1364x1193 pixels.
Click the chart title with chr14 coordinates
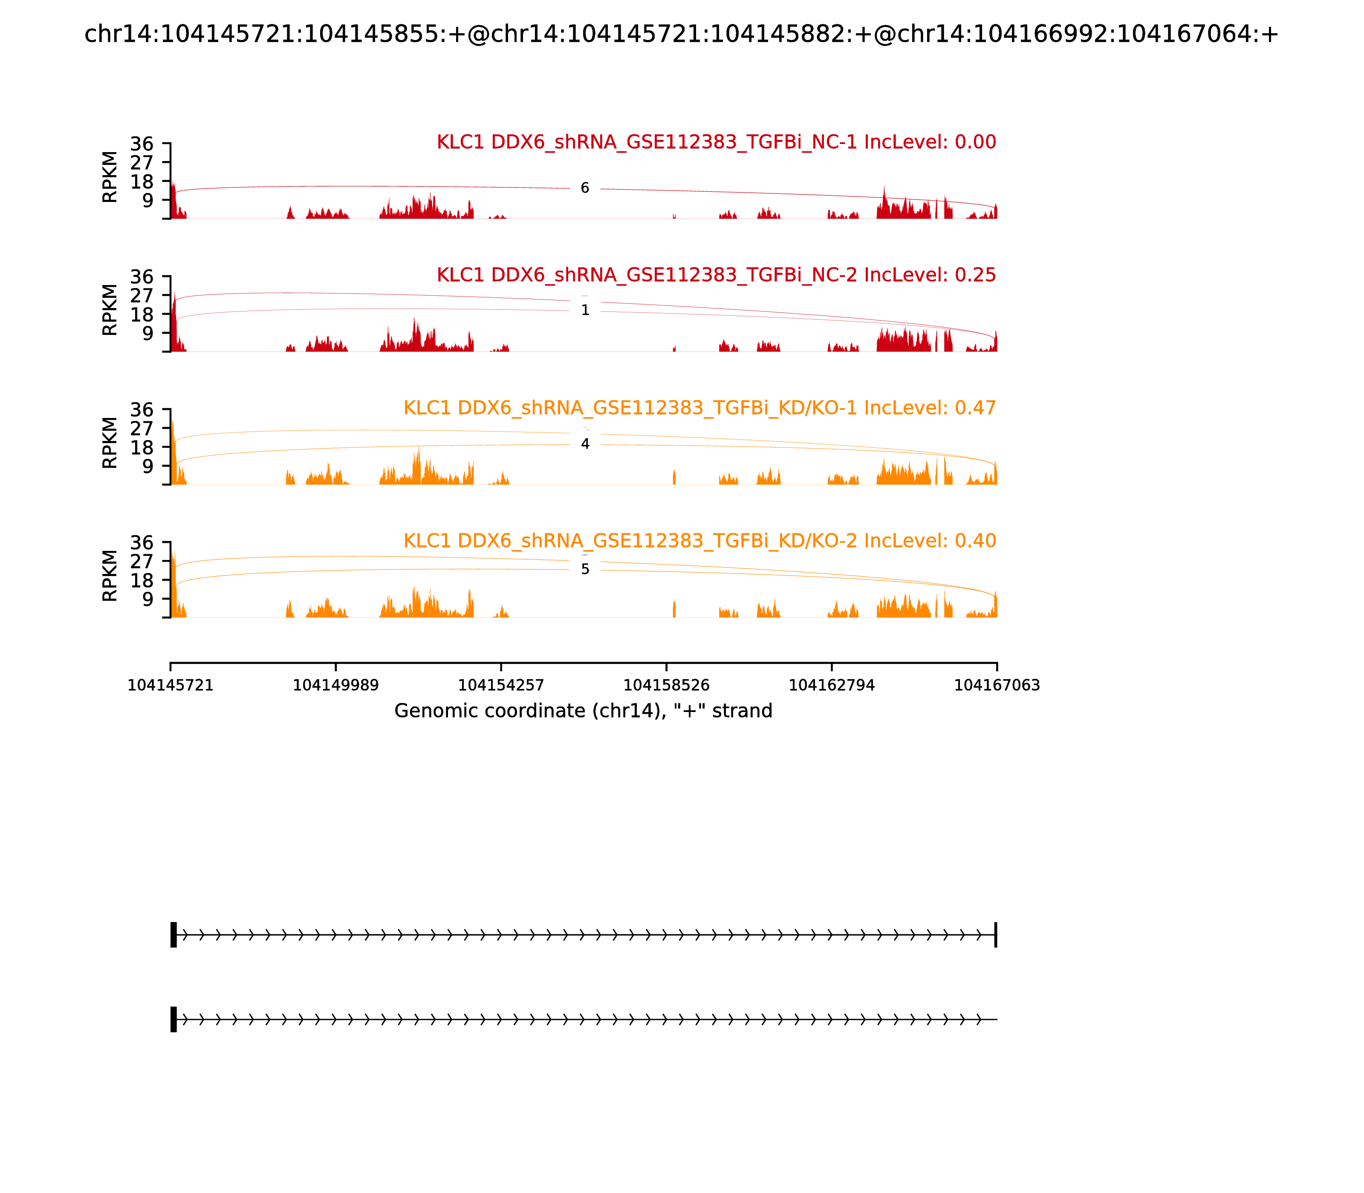click(681, 35)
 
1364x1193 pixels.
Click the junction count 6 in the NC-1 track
click(585, 188)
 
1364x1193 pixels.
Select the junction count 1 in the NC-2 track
click(585, 310)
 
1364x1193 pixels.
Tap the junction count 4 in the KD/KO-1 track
click(585, 444)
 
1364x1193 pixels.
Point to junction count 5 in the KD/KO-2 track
click(585, 569)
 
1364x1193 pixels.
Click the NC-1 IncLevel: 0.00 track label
click(716, 142)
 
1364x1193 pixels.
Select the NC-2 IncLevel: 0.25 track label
click(716, 275)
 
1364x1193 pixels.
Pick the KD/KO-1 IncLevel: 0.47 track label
click(699, 408)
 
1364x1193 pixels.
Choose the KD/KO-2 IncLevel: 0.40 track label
click(699, 541)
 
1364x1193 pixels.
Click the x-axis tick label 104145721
click(170, 686)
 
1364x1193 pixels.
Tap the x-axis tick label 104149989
click(336, 686)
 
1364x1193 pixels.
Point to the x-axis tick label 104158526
click(666, 686)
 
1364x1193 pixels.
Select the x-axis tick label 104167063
click(997, 686)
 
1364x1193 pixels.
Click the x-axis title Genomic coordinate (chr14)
click(584, 711)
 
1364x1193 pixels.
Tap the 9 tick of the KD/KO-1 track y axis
click(147, 466)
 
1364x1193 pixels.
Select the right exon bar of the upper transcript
click(996, 935)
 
